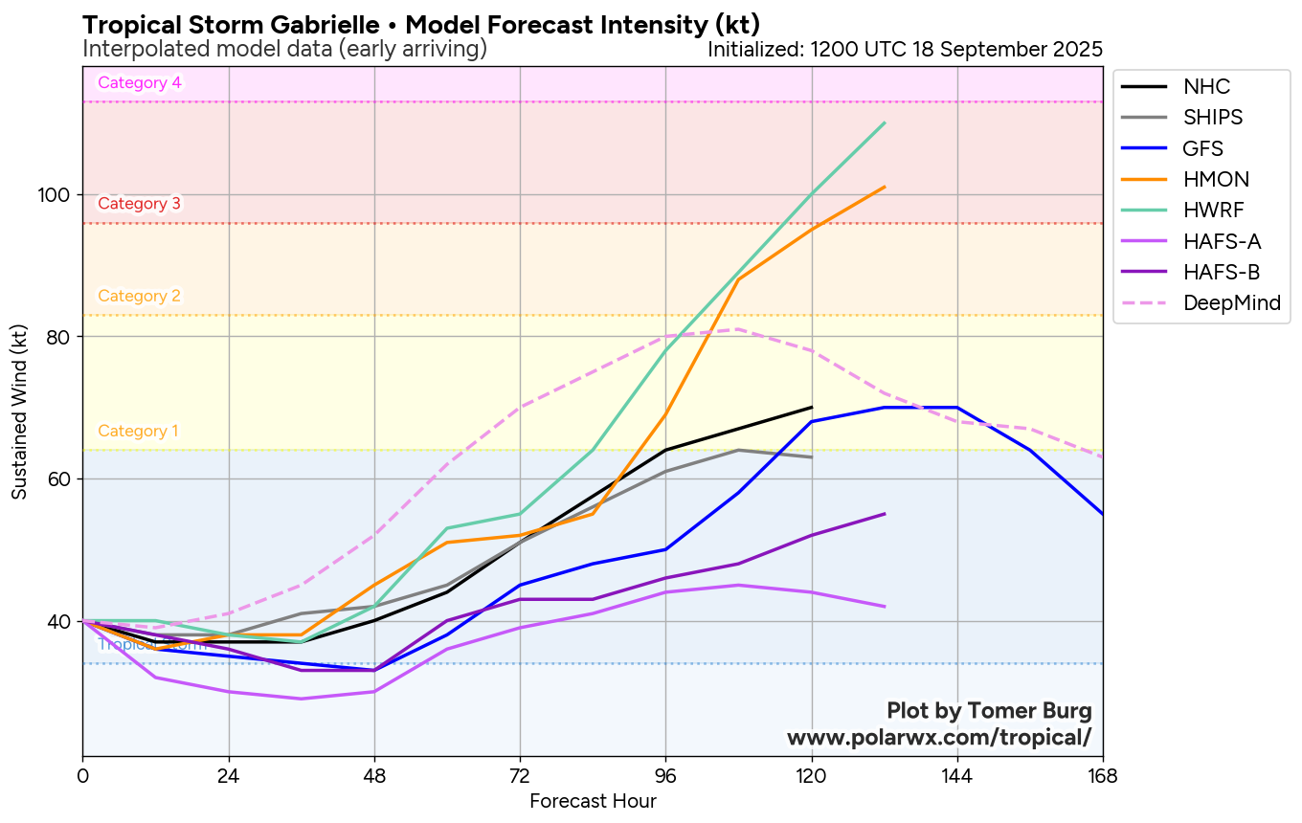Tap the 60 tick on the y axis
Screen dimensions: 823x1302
click(62, 478)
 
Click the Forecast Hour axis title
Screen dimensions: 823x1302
click(593, 801)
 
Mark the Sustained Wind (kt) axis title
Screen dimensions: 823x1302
click(19, 411)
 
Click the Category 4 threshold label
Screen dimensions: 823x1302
click(140, 82)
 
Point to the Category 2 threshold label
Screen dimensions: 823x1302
click(140, 296)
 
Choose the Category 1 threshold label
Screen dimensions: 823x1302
click(139, 431)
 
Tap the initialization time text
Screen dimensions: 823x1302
click(905, 49)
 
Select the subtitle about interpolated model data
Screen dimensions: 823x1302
click(285, 49)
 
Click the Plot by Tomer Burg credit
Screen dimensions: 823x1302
click(989, 711)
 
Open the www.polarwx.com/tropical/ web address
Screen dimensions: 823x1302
click(939, 738)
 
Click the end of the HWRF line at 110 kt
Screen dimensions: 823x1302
click(885, 123)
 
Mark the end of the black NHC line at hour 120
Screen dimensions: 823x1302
click(812, 408)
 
